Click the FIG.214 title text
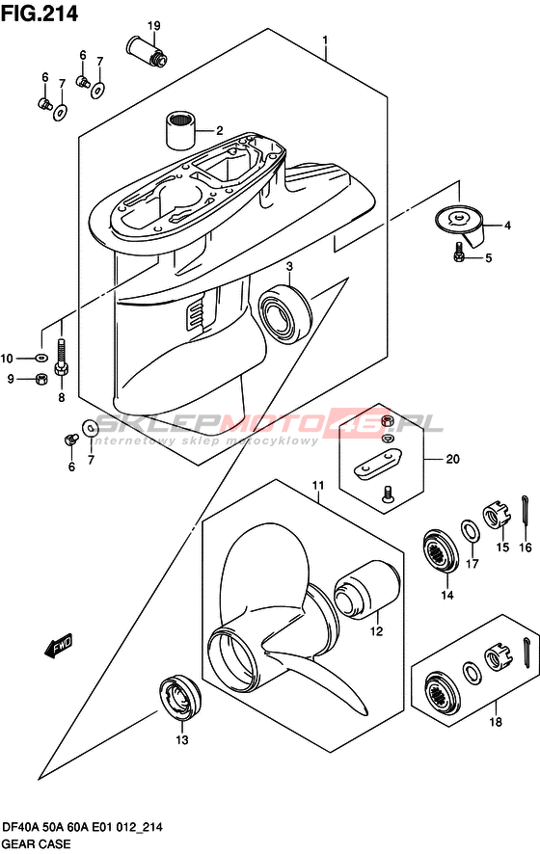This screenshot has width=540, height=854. [x=40, y=13]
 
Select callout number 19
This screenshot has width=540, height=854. [x=153, y=25]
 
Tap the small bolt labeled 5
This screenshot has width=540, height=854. [x=458, y=251]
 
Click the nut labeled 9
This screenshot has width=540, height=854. [x=40, y=379]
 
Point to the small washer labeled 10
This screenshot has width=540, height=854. [x=40, y=358]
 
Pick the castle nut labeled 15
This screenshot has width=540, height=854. [x=496, y=516]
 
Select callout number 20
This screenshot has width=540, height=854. [x=453, y=459]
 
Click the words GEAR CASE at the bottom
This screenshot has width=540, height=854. [x=36, y=843]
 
